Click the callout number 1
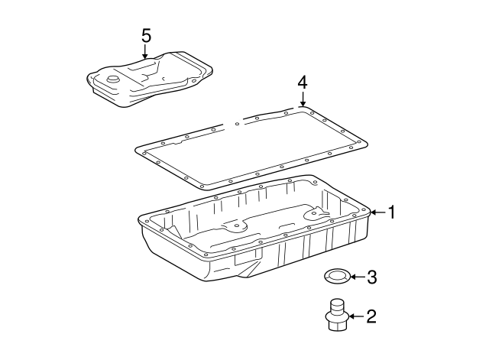(391, 212)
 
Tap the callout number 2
(371, 316)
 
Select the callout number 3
(371, 277)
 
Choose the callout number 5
(147, 34)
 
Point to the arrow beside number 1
(378, 212)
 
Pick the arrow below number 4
(303, 99)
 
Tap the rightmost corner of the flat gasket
(366, 142)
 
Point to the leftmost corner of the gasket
(138, 149)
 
